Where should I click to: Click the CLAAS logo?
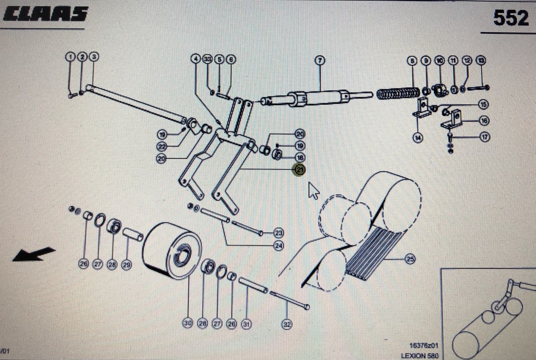[45, 15]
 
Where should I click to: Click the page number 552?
[511, 18]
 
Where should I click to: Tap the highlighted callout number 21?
[299, 169]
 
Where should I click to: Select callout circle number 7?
[320, 60]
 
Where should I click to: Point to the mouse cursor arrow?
[314, 191]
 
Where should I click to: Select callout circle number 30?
[188, 324]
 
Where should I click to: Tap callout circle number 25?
[410, 259]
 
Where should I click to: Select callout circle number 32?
[287, 325]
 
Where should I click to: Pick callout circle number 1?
[71, 56]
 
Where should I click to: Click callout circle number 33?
[207, 59]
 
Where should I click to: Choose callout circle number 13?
[481, 61]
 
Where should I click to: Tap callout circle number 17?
[485, 137]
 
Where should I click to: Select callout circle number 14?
[418, 138]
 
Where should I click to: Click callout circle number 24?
[279, 246]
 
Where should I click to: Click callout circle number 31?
[246, 325]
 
